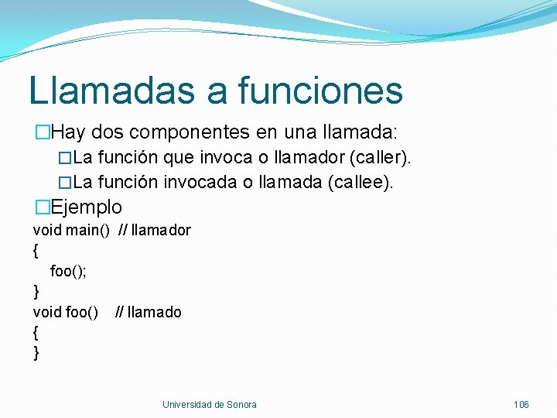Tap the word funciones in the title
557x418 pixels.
[320, 90]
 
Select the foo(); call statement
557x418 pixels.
[68, 271]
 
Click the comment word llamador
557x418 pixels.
[161, 230]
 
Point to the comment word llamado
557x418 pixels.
[155, 312]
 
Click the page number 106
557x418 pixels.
[521, 405]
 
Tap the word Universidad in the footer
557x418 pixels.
[187, 405]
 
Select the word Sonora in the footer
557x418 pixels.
[241, 405]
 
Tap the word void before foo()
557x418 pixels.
[47, 312]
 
